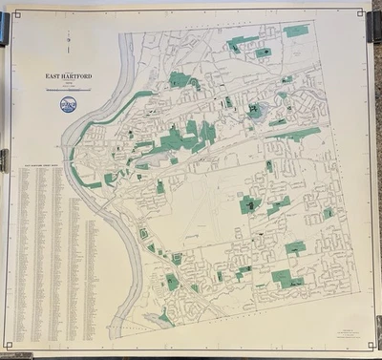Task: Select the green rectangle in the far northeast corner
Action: pos(296,31)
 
